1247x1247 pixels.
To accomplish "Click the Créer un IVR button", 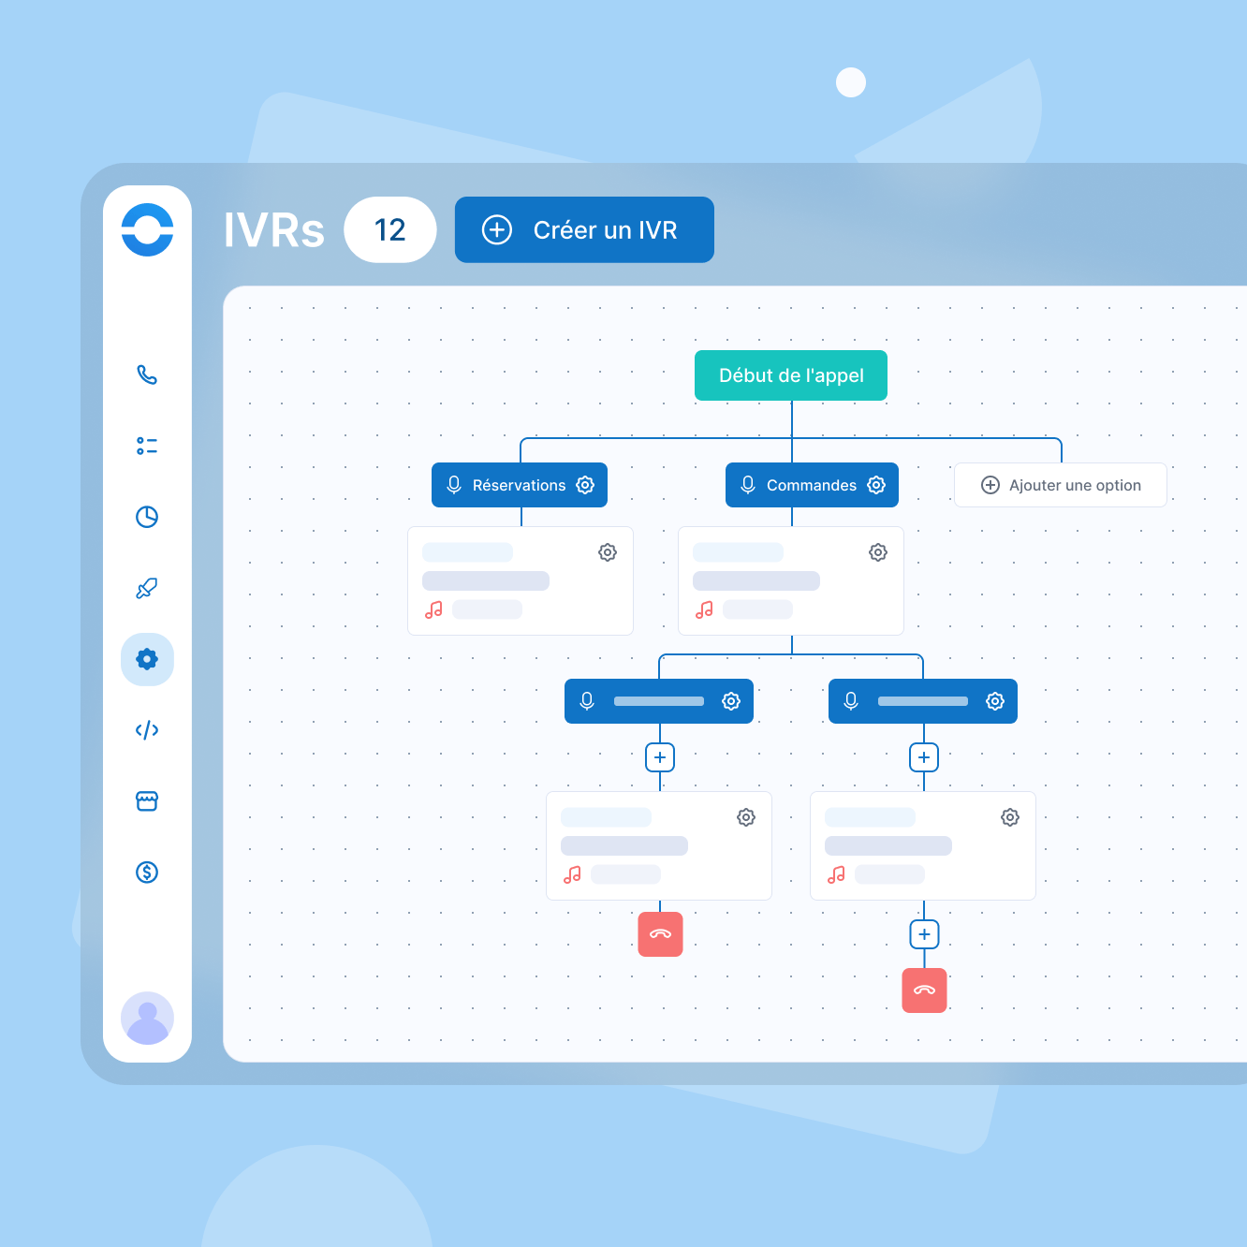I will (584, 230).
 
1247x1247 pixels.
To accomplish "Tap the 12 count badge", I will (389, 230).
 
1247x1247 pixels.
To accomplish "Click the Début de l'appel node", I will (791, 375).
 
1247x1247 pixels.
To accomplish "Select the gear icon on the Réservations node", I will (585, 485).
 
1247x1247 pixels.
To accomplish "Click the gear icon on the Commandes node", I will (876, 485).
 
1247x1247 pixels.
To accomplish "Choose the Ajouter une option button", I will (1061, 485).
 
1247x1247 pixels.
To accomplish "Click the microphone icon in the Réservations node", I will (454, 485).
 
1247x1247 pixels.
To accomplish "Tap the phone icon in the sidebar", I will (147, 374).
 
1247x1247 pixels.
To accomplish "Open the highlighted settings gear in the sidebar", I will (147, 659).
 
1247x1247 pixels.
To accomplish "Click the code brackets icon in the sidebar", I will (147, 730).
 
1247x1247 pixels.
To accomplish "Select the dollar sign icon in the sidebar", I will (147, 873).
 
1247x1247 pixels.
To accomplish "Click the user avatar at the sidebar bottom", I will (147, 1018).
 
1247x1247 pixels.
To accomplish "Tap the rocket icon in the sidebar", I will (147, 588).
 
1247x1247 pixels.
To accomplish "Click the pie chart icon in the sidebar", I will (147, 517).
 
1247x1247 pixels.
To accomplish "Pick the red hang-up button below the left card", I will (660, 934).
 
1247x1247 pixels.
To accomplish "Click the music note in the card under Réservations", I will (433, 609).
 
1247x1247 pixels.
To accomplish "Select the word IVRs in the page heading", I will (273, 230).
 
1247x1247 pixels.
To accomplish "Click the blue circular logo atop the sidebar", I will (147, 229).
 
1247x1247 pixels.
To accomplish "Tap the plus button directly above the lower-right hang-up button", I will (924, 934).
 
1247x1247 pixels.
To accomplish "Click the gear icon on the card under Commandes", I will (878, 552).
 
